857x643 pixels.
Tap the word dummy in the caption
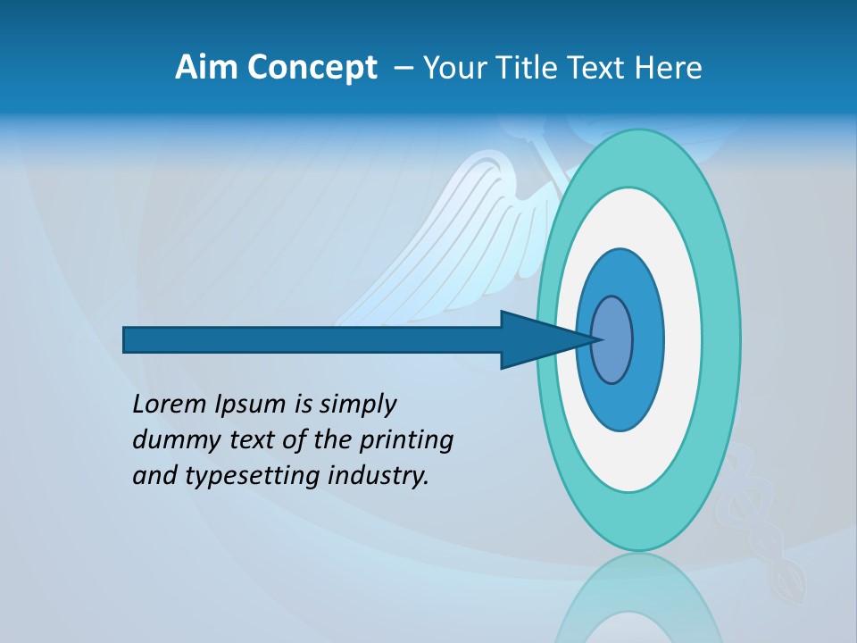point(172,440)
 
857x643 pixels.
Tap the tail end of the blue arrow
point(126,339)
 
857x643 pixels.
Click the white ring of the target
point(682,339)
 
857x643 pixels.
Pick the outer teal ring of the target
point(720,339)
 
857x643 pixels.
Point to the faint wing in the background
point(464,223)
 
